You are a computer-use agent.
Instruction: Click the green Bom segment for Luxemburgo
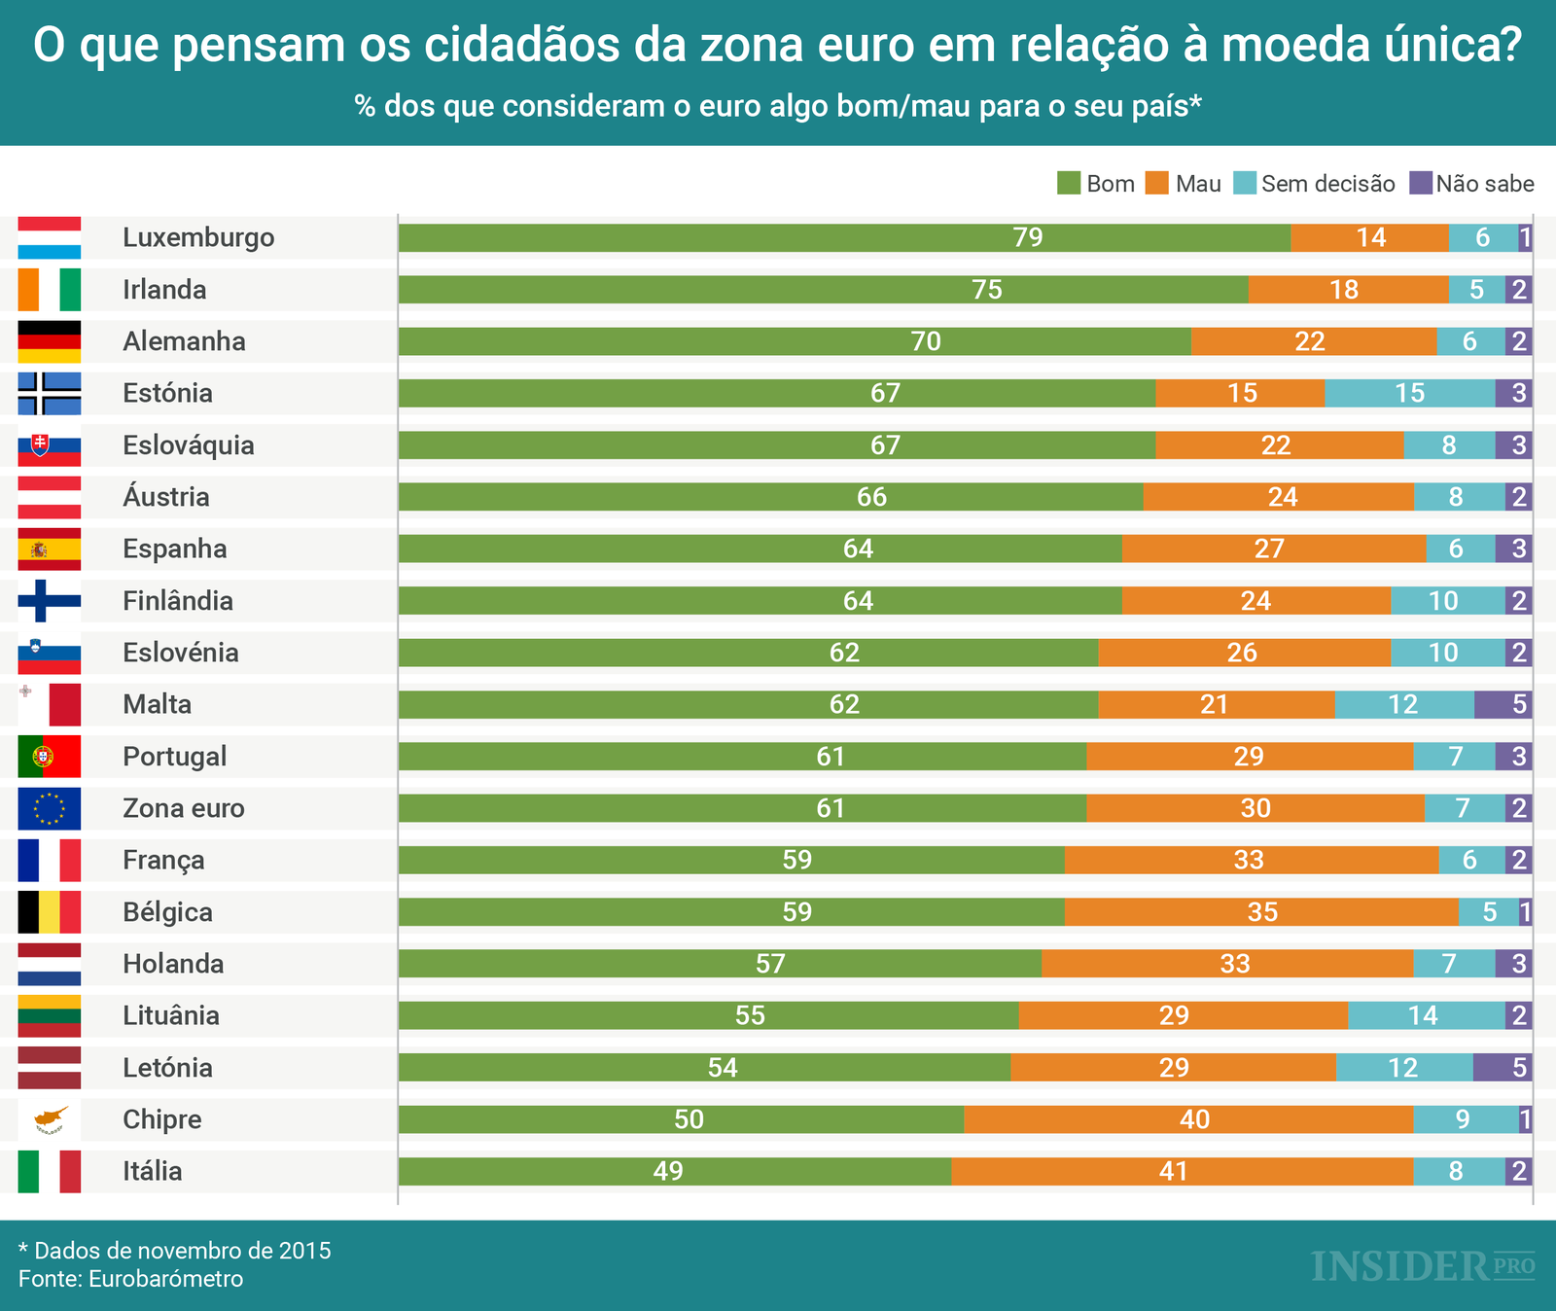[x=844, y=237]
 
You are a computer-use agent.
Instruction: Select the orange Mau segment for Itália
[x=1182, y=1171]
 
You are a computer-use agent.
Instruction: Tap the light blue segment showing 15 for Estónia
[x=1409, y=393]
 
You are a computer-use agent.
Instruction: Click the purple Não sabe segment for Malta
[x=1503, y=704]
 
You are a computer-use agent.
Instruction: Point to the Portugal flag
[x=50, y=757]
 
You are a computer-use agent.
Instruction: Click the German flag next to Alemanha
[x=50, y=341]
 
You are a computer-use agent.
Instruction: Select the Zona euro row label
[x=183, y=808]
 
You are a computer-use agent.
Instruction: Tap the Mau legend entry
[x=1184, y=184]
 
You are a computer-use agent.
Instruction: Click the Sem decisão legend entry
[x=1315, y=184]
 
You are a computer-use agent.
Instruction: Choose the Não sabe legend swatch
[x=1421, y=183]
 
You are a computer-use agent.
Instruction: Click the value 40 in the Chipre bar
[x=1194, y=1119]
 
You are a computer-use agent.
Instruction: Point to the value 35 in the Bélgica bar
[x=1262, y=912]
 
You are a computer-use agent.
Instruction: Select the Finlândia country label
[x=178, y=601]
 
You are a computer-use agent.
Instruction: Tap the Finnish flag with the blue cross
[x=50, y=601]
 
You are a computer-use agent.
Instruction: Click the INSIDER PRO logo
[x=1423, y=1266]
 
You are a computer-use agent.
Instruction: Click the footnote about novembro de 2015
[x=175, y=1250]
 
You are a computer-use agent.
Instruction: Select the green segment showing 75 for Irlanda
[x=823, y=290]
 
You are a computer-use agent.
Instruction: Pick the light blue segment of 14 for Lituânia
[x=1426, y=1015]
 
